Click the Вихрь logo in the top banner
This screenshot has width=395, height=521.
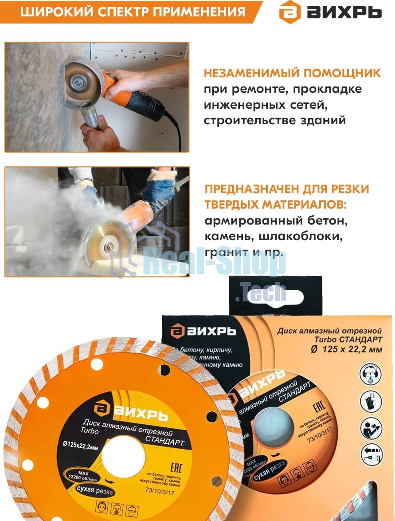(x=330, y=12)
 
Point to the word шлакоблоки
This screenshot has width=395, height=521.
(x=306, y=236)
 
